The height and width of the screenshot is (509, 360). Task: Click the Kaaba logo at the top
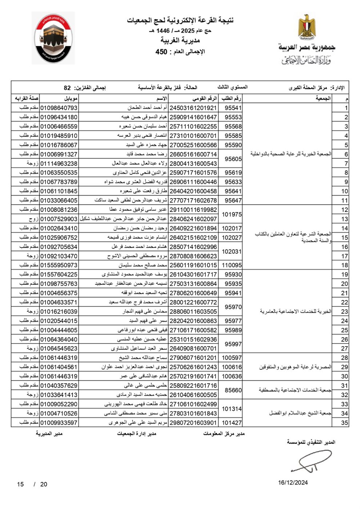(x=53, y=38)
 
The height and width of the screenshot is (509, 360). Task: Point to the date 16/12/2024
(x=293, y=482)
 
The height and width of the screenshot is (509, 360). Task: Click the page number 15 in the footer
(x=20, y=484)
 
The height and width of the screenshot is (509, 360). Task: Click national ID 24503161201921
(x=193, y=108)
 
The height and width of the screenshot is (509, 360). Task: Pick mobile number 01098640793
(x=59, y=108)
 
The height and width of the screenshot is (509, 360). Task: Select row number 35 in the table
(x=344, y=422)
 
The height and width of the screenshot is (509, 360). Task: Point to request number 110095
(x=232, y=265)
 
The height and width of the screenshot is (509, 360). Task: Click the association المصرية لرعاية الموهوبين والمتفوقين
(x=295, y=367)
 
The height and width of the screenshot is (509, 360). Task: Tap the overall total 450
(x=161, y=52)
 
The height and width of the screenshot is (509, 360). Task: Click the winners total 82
(x=67, y=88)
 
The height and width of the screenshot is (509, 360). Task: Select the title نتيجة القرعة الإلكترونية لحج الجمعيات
(x=180, y=20)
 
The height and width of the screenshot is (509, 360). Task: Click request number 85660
(x=233, y=390)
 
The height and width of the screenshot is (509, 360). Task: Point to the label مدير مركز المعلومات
(x=224, y=434)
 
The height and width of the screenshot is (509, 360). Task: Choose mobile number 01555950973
(x=59, y=265)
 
